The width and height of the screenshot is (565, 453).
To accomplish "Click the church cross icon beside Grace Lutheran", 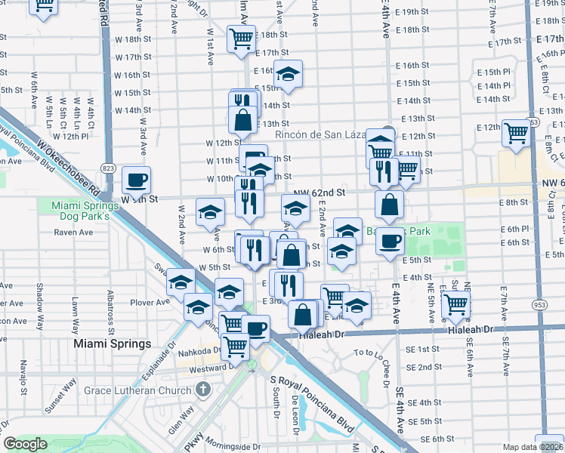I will (201, 390).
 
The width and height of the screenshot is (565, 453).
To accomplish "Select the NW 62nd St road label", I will (320, 193).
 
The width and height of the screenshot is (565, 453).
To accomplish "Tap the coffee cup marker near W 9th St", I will (136, 180).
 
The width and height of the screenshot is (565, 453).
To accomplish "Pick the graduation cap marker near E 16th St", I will (288, 74).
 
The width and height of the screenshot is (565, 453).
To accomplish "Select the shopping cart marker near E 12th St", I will (517, 133).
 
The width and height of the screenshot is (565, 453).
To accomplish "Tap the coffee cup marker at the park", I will (390, 241).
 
